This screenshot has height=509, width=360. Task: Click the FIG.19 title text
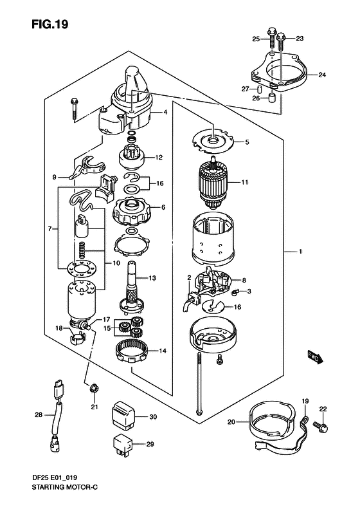click(x=50, y=24)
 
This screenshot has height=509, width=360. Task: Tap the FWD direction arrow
click(x=315, y=356)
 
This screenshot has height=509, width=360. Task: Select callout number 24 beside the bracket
click(x=321, y=75)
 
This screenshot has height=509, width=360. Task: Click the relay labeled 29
click(x=123, y=444)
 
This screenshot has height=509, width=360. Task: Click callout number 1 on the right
click(x=300, y=252)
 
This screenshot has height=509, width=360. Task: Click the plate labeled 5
click(x=212, y=140)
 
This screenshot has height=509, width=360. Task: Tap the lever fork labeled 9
click(x=87, y=166)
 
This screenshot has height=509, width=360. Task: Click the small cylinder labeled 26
click(x=273, y=98)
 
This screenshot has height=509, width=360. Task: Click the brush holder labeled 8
click(x=213, y=283)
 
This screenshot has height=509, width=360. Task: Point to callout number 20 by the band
click(x=231, y=422)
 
